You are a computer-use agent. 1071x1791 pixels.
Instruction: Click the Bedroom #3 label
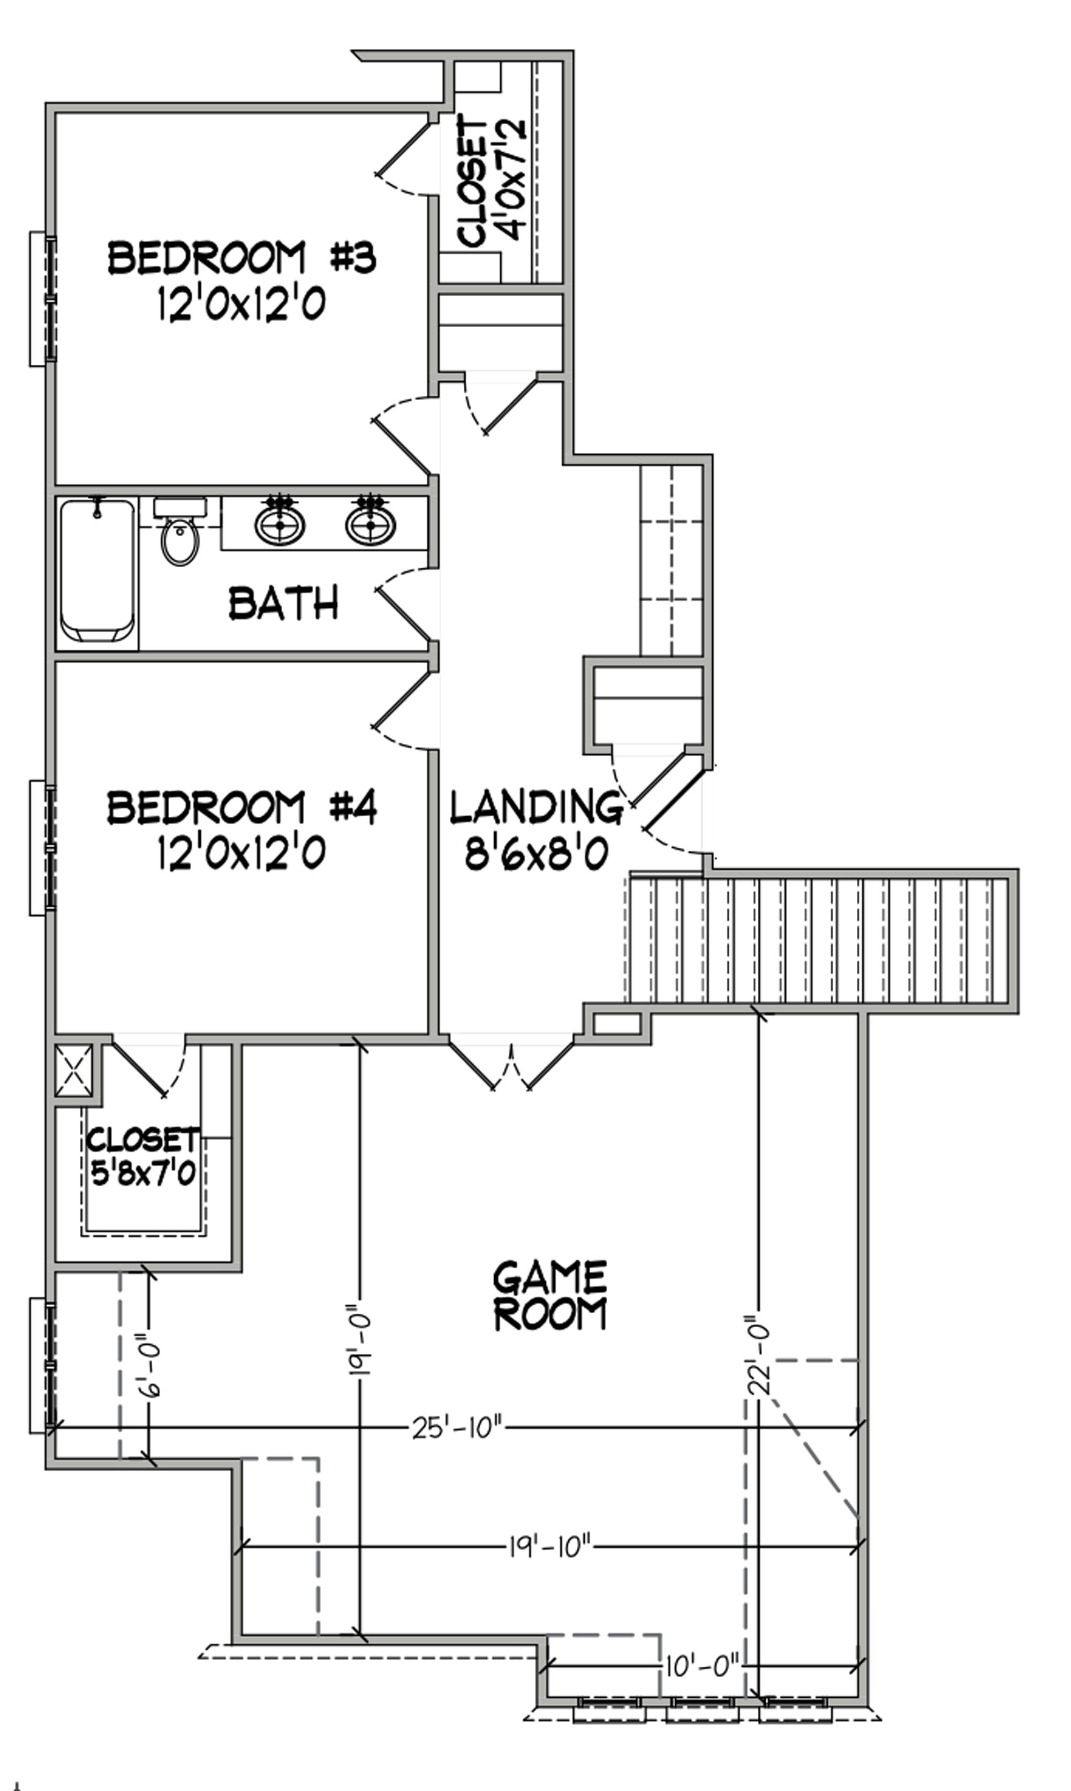242,258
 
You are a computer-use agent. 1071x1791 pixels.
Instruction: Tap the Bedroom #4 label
242,808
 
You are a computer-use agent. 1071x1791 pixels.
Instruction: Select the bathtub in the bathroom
97,571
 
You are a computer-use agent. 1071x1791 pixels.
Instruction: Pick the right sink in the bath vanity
370,523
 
